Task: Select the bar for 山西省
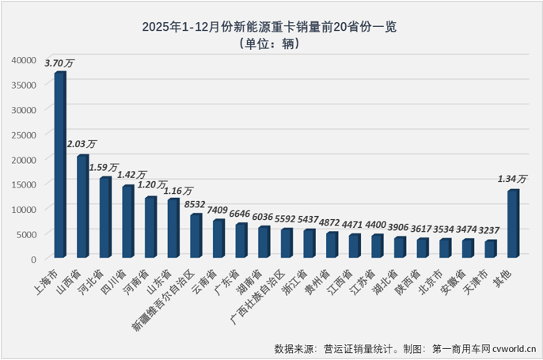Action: click(82, 207)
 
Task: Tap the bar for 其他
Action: click(513, 224)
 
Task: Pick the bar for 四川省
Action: click(127, 222)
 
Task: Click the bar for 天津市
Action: click(491, 248)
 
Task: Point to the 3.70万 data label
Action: click(60, 62)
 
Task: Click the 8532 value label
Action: click(196, 204)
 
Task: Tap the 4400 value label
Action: click(378, 224)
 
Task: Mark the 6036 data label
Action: click(264, 216)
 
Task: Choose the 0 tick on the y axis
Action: click(34, 259)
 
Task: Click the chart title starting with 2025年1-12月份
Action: click(270, 26)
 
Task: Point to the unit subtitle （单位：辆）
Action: click(270, 44)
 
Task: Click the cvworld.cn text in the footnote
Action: click(515, 348)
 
